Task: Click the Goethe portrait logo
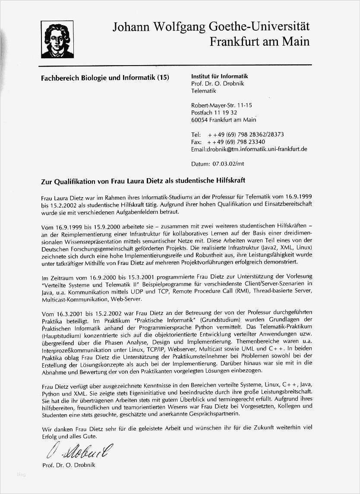tap(57, 39)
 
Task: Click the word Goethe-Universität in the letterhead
tap(259, 26)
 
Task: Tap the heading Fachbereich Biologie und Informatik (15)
tap(105, 78)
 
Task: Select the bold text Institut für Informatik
tap(220, 76)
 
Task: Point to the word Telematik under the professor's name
tap(203, 91)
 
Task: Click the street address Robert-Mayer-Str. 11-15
tap(221, 105)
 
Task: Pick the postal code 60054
tap(199, 120)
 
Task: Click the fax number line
tap(228, 142)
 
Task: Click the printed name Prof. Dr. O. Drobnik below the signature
tap(69, 465)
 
